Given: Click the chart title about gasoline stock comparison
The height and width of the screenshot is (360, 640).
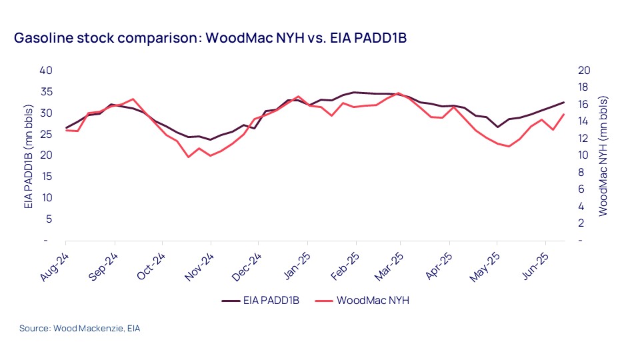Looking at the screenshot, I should point(210,38).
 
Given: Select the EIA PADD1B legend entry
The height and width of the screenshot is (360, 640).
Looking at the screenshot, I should point(260,301).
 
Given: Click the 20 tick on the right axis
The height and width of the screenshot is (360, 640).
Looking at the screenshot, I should point(583,71).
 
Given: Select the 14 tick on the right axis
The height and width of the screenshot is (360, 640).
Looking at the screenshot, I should point(583,121).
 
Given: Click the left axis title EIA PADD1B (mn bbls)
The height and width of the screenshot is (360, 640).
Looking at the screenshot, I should point(29,156).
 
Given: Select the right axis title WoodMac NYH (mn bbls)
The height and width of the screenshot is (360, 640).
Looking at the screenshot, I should point(603,156).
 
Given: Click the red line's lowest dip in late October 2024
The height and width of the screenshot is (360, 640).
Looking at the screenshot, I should point(189,157).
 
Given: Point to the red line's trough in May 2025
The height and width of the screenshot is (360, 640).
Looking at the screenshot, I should point(509,146).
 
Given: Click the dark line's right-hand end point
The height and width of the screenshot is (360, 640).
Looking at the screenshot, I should point(564,102).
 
